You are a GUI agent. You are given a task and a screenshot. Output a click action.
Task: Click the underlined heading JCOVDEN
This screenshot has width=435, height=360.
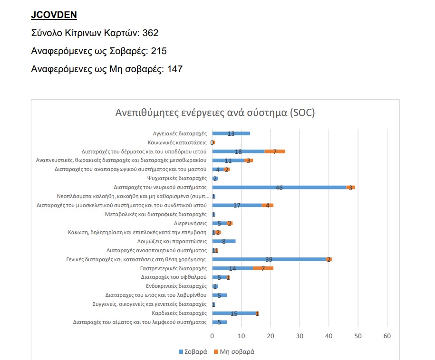tap(54, 15)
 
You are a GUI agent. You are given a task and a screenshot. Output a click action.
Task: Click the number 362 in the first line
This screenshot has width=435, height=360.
tap(149, 33)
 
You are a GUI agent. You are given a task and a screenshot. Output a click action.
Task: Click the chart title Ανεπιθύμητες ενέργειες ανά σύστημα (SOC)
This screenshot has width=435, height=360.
tap(215, 113)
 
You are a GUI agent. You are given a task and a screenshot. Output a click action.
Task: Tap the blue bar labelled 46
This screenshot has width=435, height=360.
tap(279, 187)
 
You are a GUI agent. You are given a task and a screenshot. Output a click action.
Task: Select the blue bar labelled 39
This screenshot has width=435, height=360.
tap(269, 259)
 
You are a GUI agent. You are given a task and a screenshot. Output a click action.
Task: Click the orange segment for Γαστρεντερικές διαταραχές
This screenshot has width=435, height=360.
tap(263, 268)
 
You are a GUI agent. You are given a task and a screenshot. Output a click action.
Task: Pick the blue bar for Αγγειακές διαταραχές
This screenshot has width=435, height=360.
tap(231, 133)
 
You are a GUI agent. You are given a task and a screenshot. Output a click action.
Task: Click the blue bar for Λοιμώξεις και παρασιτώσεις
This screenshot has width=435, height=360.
tap(224, 241)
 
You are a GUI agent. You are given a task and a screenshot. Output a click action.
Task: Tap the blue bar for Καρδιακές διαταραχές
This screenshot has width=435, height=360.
tap(234, 313)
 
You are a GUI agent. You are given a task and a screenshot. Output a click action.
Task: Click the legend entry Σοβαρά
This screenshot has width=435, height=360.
tap(193, 352)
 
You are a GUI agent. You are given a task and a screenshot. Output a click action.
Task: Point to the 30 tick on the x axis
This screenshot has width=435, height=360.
tap(300, 336)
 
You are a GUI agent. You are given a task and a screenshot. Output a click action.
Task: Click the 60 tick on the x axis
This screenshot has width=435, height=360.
tap(387, 336)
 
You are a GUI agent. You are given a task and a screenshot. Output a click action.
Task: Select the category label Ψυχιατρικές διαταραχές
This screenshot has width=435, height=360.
tap(177, 179)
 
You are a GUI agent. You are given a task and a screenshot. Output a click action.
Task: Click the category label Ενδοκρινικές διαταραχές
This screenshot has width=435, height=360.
tap(176, 286)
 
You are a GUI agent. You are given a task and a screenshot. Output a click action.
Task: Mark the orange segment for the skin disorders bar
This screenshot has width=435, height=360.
tap(275, 152)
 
